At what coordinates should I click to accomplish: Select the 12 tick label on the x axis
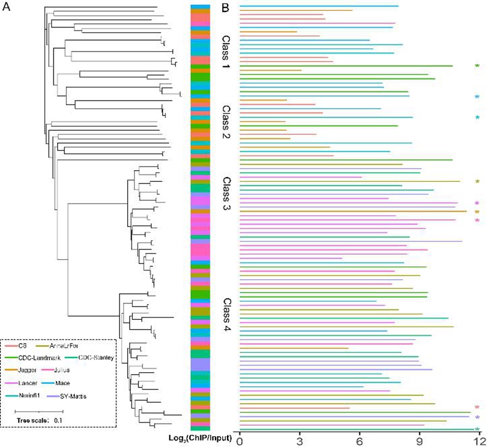point(480,439)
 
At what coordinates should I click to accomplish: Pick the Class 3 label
point(227,193)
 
